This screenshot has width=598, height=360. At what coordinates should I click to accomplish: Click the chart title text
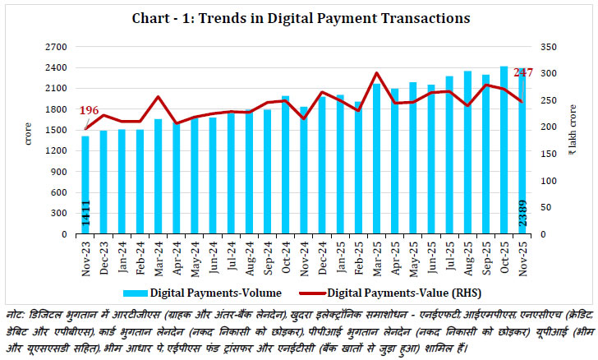point(298,16)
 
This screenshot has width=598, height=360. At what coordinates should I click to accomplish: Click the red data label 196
point(90,112)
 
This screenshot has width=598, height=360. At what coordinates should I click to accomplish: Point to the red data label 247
point(523,73)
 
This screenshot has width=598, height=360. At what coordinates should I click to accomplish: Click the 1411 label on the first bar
point(85,216)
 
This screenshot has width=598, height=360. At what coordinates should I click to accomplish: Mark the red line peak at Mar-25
point(376,73)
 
